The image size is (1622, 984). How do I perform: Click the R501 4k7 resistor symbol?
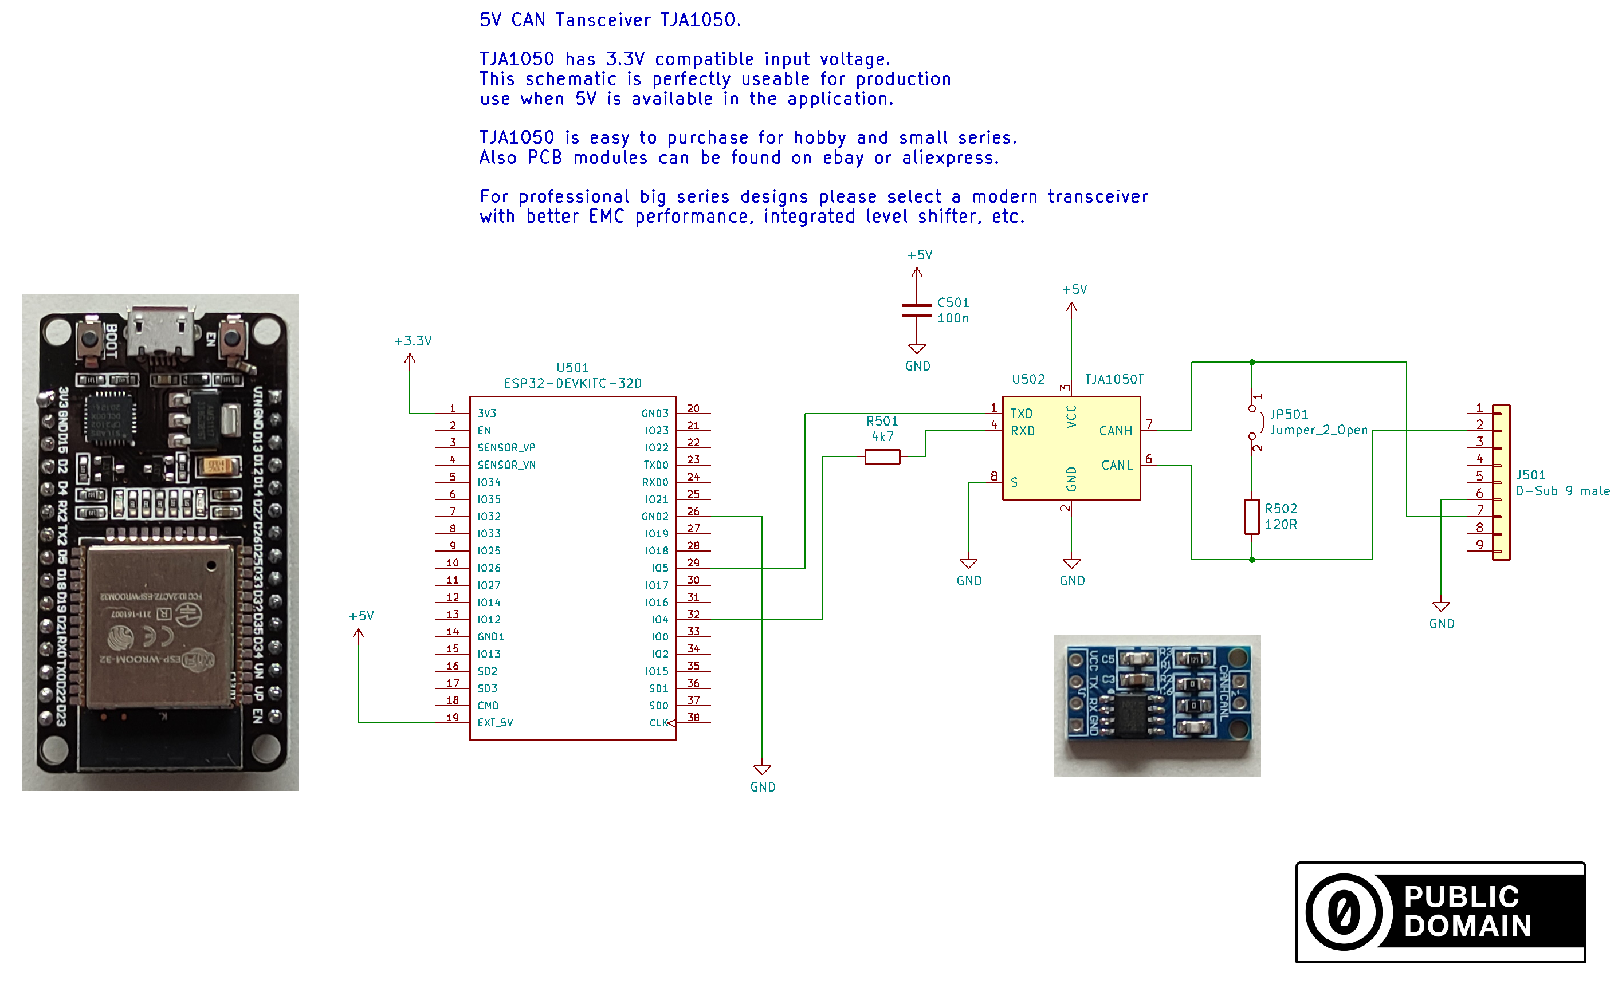pyautogui.click(x=882, y=457)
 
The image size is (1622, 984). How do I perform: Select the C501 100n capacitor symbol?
pyautogui.click(x=916, y=310)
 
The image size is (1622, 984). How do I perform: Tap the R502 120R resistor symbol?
pyautogui.click(x=1251, y=517)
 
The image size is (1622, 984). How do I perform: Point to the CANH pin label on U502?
pyautogui.click(x=1115, y=431)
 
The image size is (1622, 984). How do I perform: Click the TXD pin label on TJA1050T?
pyautogui.click(x=1021, y=414)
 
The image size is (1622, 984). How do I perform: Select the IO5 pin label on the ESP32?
pyautogui.click(x=659, y=568)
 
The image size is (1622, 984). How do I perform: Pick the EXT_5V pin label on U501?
pyautogui.click(x=495, y=723)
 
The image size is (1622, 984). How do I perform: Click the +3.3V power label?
pyautogui.click(x=413, y=341)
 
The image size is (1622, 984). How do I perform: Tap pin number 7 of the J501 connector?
pyautogui.click(x=1480, y=510)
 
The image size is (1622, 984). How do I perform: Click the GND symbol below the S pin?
pyautogui.click(x=968, y=565)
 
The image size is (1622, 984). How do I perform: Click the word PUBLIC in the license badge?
pyautogui.click(x=1461, y=897)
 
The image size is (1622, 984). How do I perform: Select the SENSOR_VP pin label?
pyautogui.click(x=506, y=447)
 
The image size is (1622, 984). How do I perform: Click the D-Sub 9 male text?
pyautogui.click(x=1562, y=491)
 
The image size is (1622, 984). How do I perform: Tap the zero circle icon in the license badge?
pyautogui.click(x=1343, y=912)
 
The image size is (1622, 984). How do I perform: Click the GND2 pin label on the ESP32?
pyautogui.click(x=654, y=517)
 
